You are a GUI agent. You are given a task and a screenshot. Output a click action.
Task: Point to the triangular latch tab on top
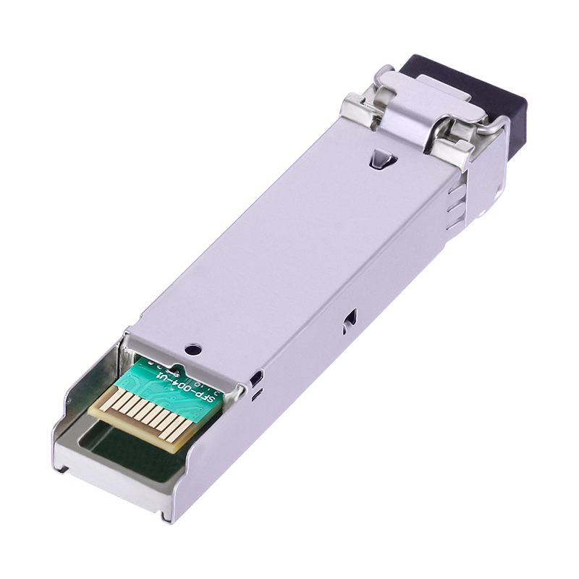pos(381,157)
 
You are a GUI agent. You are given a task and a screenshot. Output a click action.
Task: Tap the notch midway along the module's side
pos(351,317)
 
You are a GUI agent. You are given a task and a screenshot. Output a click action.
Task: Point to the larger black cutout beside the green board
pos(255,378)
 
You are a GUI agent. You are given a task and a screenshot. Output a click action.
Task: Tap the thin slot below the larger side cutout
pos(255,396)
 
